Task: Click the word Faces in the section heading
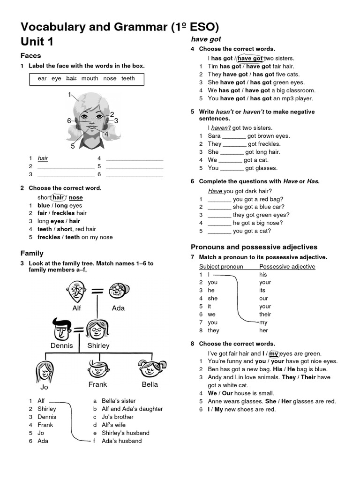click(x=31, y=56)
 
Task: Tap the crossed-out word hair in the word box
click(x=71, y=79)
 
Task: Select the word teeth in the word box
click(x=128, y=79)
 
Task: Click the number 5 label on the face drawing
click(x=73, y=146)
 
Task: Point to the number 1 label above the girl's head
click(x=69, y=95)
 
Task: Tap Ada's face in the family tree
click(x=116, y=291)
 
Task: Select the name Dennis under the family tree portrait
click(x=62, y=345)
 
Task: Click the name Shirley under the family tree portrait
click(x=98, y=345)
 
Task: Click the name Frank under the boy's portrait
click(x=97, y=384)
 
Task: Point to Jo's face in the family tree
click(x=44, y=371)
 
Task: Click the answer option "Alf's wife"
click(x=112, y=425)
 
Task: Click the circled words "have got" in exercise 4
click(x=250, y=59)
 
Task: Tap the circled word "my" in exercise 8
click(x=274, y=354)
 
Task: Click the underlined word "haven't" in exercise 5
click(x=221, y=128)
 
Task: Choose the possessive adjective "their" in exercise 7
click(x=265, y=315)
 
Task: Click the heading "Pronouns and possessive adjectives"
click(x=254, y=247)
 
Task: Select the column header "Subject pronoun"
click(x=221, y=267)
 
